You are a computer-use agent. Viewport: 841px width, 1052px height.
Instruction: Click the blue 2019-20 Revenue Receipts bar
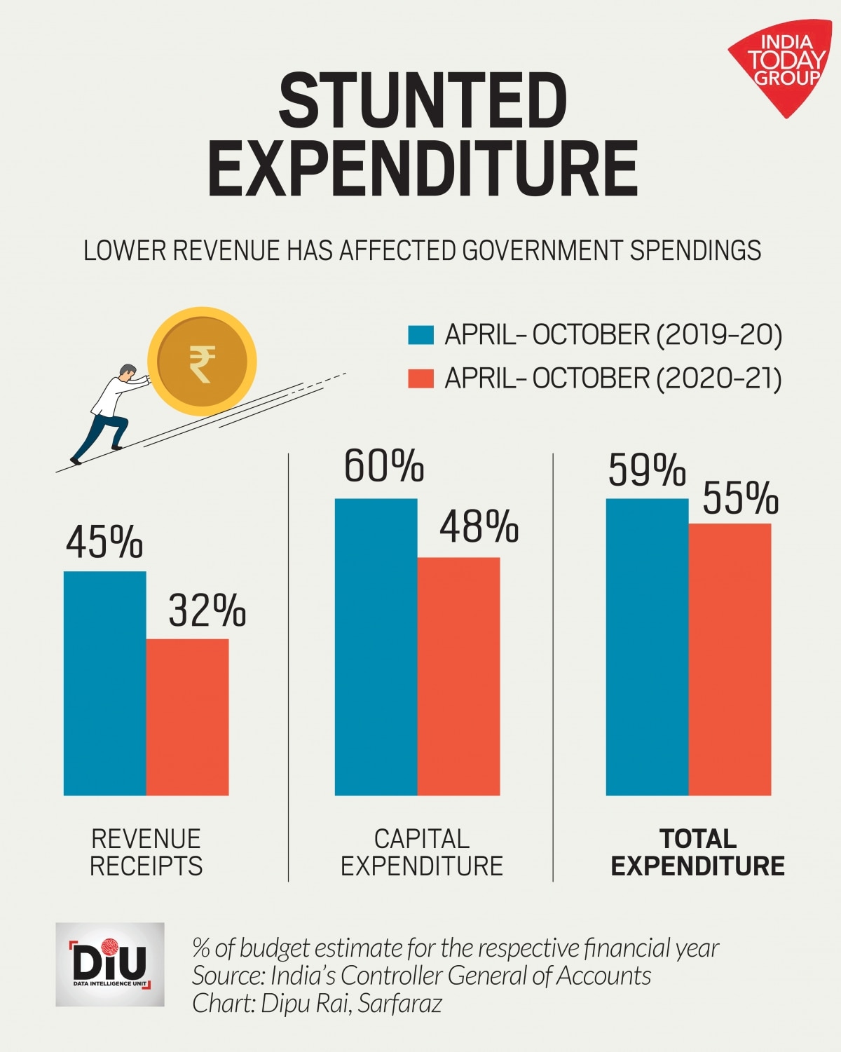pyautogui.click(x=105, y=683)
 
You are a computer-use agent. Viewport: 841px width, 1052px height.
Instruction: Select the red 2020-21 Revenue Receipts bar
pyautogui.click(x=187, y=717)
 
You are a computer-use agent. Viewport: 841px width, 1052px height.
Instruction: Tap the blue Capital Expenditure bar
pyautogui.click(x=376, y=647)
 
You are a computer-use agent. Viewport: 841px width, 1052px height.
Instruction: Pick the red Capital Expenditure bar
pyautogui.click(x=458, y=676)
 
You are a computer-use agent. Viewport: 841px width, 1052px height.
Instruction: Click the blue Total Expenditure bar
pyautogui.click(x=647, y=647)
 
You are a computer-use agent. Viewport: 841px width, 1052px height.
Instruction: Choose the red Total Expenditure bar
pyautogui.click(x=730, y=659)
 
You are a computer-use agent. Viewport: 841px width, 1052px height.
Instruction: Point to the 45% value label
pyautogui.click(x=104, y=542)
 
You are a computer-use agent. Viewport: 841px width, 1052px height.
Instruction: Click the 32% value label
pyautogui.click(x=207, y=610)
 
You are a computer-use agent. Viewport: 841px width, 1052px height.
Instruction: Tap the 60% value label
pyautogui.click(x=383, y=466)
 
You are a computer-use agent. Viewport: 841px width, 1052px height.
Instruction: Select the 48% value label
pyautogui.click(x=479, y=527)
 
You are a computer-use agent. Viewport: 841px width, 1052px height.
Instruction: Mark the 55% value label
pyautogui.click(x=740, y=498)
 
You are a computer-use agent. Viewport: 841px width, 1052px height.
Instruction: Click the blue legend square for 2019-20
pyautogui.click(x=421, y=335)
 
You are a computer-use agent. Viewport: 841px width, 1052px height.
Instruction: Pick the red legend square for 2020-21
pyautogui.click(x=421, y=378)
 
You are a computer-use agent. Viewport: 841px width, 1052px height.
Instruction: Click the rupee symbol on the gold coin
pyautogui.click(x=202, y=363)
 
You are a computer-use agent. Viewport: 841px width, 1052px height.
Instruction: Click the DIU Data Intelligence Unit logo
pyautogui.click(x=110, y=964)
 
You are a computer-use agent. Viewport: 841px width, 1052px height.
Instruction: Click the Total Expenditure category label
pyautogui.click(x=697, y=852)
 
